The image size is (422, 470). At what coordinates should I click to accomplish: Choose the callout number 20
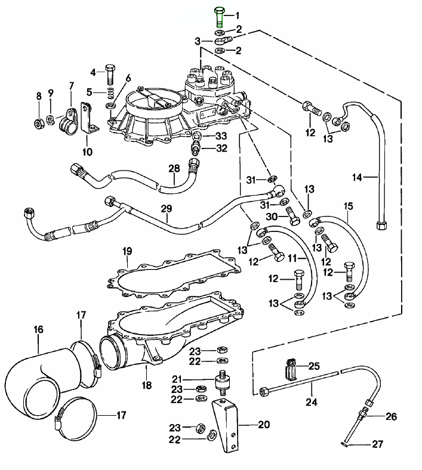pyautogui.click(x=263, y=425)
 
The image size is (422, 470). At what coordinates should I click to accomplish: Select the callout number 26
pyautogui.click(x=391, y=416)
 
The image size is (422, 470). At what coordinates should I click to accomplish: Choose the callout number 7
pyautogui.click(x=72, y=85)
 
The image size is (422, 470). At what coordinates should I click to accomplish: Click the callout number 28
pyautogui.click(x=174, y=169)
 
